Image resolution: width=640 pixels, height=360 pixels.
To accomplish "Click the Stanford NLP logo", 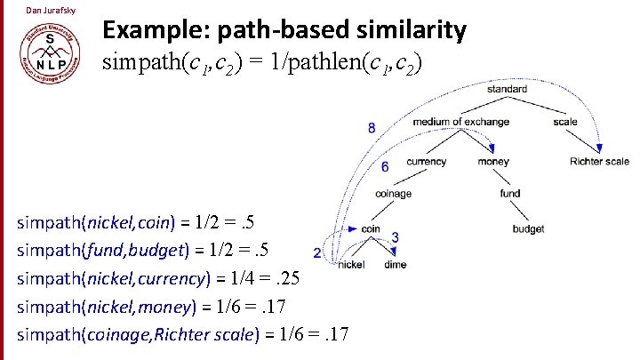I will tap(48, 53).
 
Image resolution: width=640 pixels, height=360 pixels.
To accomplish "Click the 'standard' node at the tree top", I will tap(508, 90).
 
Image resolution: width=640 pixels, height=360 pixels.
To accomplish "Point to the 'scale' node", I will tap(564, 122).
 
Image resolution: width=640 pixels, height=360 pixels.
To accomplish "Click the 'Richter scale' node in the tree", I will tap(600, 162).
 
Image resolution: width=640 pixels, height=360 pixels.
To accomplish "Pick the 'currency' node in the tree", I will tap(426, 162).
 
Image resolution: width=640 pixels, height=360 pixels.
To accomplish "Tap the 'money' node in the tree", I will tap(493, 162).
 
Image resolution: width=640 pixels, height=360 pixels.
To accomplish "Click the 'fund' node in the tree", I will tap(509, 193).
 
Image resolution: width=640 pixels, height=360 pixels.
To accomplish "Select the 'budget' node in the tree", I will tap(528, 228).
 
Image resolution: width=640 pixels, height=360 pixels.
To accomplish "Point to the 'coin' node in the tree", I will tap(371, 228).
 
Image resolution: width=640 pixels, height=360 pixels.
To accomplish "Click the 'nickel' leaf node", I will tap(352, 264).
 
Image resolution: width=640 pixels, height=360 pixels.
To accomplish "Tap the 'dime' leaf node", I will tap(396, 264).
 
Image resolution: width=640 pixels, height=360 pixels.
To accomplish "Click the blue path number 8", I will tap(372, 128).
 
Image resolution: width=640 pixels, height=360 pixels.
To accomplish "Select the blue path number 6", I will tap(384, 167).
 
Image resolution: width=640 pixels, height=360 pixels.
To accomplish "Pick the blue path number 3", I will tap(395, 237).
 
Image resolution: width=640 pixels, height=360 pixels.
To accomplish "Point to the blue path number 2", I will tap(318, 252).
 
